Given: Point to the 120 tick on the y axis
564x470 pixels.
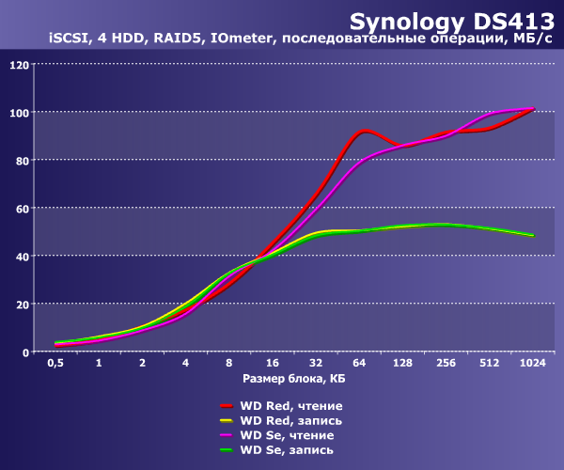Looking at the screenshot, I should pyautogui.click(x=18, y=65).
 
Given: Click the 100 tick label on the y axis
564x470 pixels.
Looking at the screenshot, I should pyautogui.click(x=18, y=113).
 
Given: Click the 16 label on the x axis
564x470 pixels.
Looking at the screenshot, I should pyautogui.click(x=273, y=363).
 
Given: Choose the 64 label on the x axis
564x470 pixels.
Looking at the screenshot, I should pyautogui.click(x=359, y=363).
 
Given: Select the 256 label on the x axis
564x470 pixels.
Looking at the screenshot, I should pyautogui.click(x=446, y=363).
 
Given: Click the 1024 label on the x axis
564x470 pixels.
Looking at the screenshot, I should pyautogui.click(x=532, y=363).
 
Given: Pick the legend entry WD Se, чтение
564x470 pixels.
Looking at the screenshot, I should pyautogui.click(x=286, y=435).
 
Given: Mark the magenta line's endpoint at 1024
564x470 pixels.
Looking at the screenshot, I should pyautogui.click(x=532, y=109).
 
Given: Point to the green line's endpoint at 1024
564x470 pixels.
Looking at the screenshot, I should pyautogui.click(x=533, y=235).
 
